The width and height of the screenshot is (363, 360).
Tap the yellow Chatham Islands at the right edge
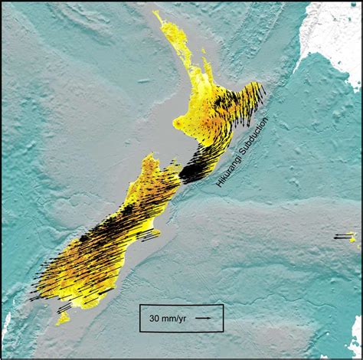click(x=352, y=237)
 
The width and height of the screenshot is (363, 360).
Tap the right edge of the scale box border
click(x=223, y=318)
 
